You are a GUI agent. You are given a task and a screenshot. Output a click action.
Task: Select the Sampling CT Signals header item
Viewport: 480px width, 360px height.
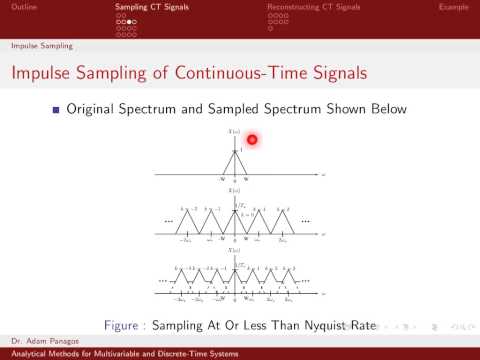tap(149, 7)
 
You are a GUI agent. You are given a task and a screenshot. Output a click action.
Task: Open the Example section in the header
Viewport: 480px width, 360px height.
tap(454, 7)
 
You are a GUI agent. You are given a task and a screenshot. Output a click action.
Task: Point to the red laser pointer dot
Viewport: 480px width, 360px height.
tap(253, 140)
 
